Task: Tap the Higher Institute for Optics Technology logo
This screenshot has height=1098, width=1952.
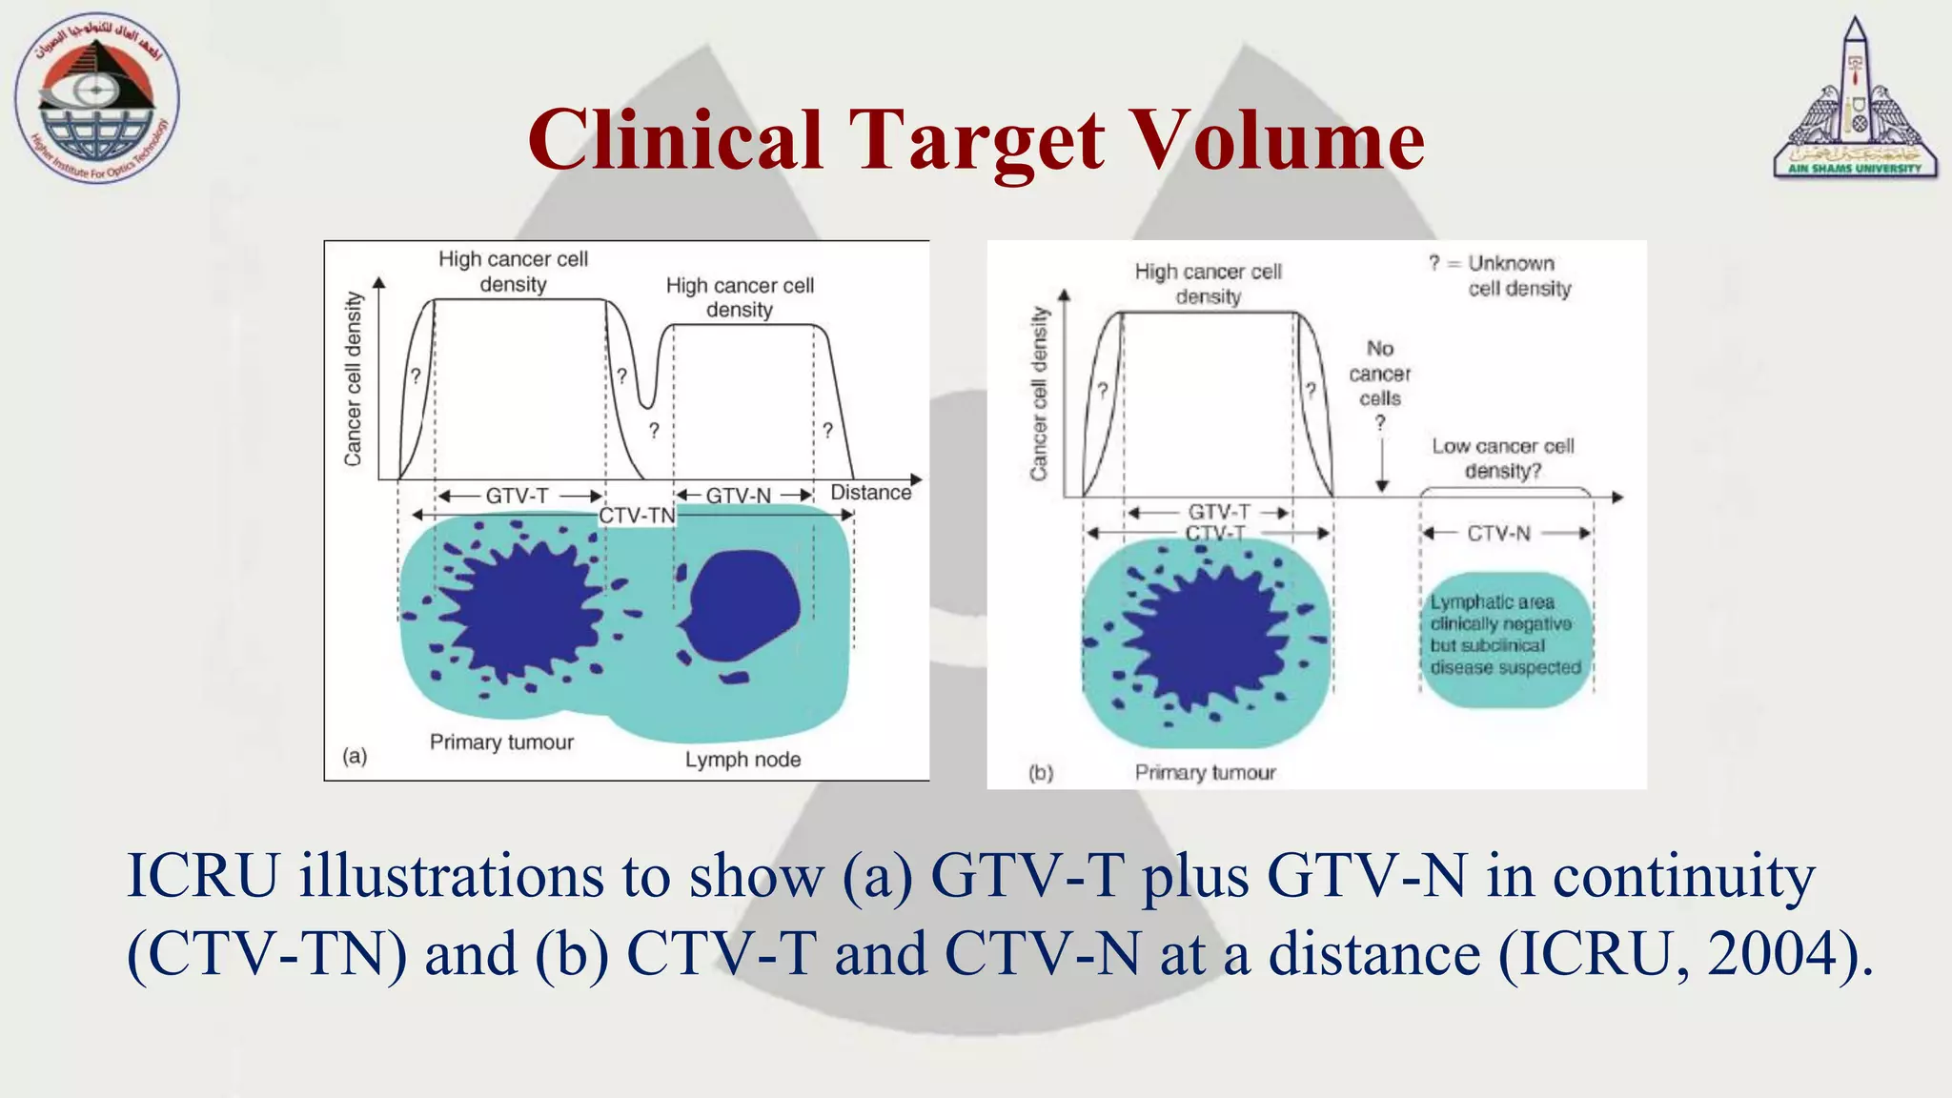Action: pos(97,98)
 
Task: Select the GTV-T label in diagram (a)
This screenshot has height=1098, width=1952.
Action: pos(518,496)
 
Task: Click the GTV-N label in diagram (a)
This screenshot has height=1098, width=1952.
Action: pos(739,496)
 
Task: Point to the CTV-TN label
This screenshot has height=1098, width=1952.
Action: pos(637,516)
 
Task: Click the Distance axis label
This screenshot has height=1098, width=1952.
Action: pos(871,493)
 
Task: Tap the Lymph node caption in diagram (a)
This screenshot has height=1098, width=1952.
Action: pos(742,760)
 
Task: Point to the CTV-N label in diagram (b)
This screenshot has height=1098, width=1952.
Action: pos(1499,534)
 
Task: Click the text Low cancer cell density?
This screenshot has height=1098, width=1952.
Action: pos(1503,458)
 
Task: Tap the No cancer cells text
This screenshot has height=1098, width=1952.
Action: pos(1380,374)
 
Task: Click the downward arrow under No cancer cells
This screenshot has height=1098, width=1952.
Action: pos(1382,467)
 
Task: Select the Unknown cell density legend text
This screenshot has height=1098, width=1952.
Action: pos(1511,275)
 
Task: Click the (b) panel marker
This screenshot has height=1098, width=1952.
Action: pos(1041,773)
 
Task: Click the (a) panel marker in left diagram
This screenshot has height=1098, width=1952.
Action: pos(355,756)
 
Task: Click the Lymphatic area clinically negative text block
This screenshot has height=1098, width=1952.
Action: pos(1505,635)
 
